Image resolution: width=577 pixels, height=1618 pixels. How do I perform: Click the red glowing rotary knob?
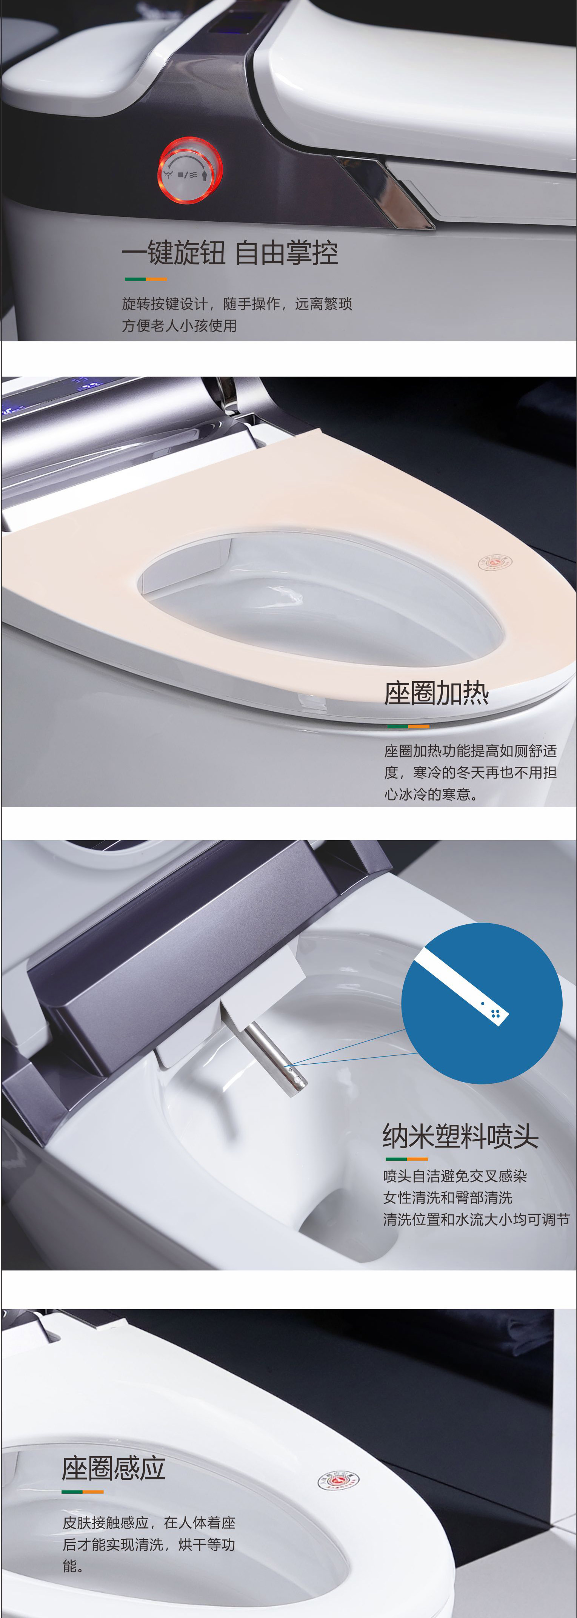point(189,171)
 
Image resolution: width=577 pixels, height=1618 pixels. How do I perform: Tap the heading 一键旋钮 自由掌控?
point(230,253)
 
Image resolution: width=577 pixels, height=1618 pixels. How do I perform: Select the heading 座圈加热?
point(436,693)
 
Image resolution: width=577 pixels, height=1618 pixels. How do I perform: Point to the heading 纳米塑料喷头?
point(460,1135)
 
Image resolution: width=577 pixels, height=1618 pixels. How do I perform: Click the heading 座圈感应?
point(114,1468)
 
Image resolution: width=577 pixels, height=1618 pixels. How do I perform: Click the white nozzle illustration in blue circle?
point(462,986)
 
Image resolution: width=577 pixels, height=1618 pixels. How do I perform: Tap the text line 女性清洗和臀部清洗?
point(448,1197)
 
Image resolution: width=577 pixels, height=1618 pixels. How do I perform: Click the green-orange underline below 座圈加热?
point(408,726)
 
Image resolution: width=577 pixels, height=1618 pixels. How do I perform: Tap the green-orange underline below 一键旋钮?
point(146,279)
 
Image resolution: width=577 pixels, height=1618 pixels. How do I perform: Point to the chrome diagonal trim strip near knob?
point(384,191)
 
